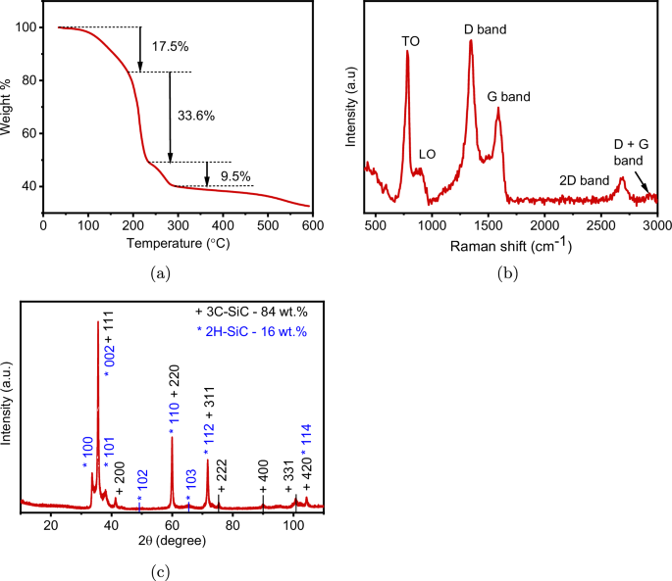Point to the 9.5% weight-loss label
click(x=236, y=176)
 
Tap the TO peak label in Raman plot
click(x=410, y=41)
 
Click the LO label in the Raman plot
click(x=427, y=154)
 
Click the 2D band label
click(x=580, y=179)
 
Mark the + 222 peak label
click(x=222, y=475)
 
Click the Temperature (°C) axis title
click(x=178, y=240)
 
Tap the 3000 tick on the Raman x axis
click(x=656, y=224)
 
